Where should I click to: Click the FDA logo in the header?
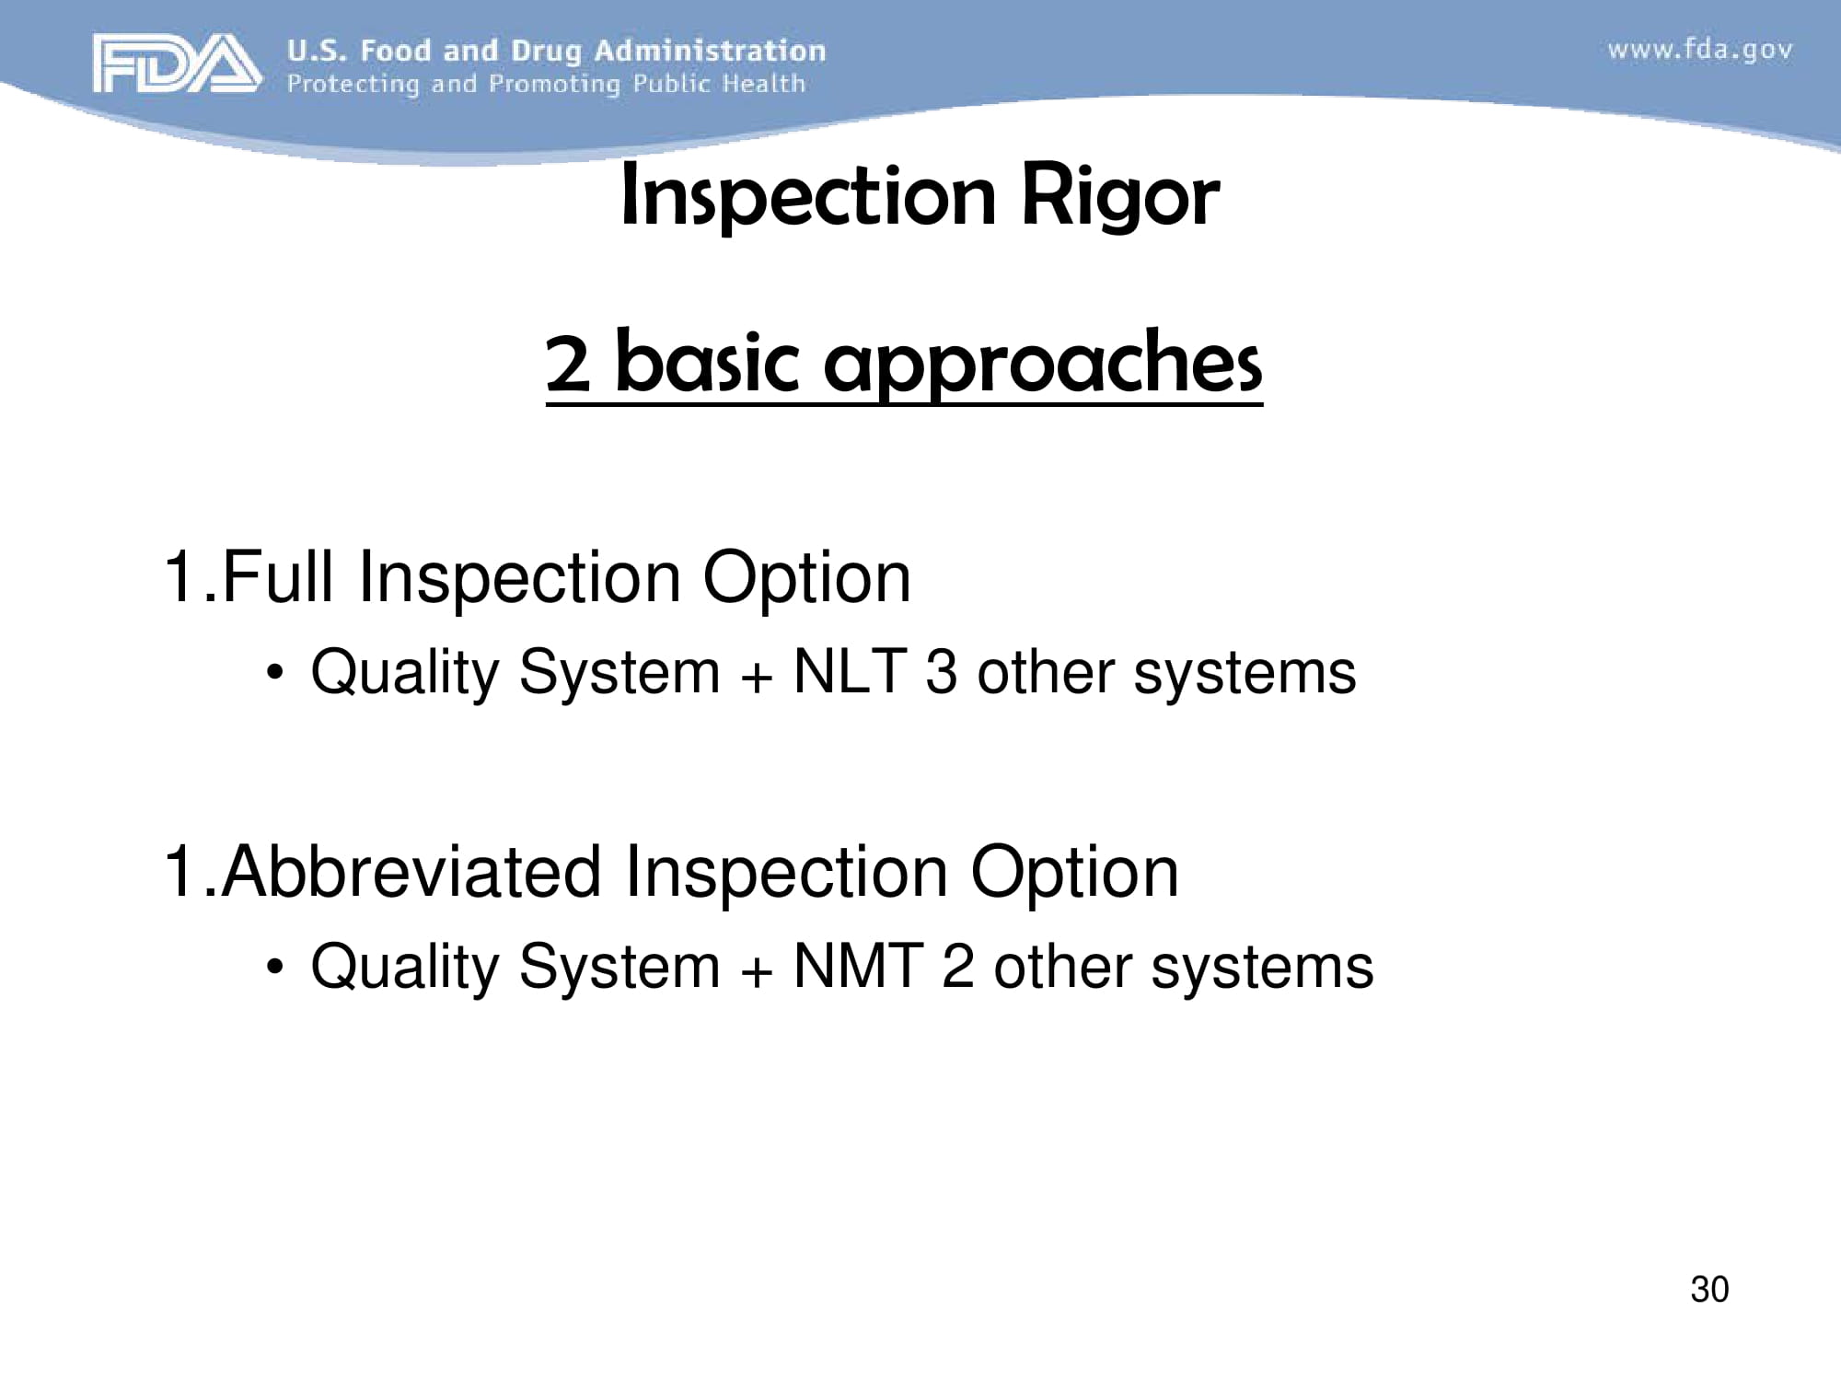click(175, 64)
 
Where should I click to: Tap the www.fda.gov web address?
click(1700, 49)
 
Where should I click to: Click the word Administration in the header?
click(710, 51)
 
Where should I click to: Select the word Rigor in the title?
click(1119, 196)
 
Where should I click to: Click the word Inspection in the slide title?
click(808, 196)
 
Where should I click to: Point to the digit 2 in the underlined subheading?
click(568, 364)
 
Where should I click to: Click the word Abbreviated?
click(411, 872)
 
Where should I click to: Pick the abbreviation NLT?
click(850, 671)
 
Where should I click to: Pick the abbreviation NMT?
click(858, 967)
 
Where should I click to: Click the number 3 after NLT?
click(941, 671)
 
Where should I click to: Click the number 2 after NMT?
click(957, 967)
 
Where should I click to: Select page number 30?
click(1709, 1289)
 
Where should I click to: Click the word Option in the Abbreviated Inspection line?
click(1074, 872)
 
